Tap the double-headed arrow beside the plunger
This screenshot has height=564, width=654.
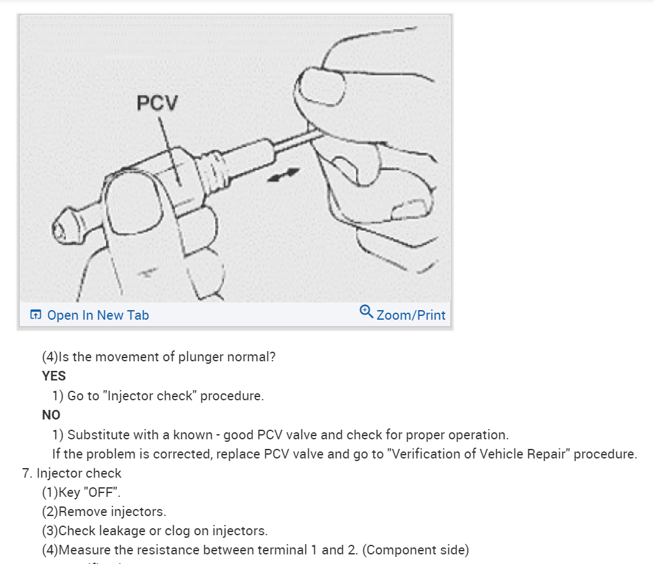282,175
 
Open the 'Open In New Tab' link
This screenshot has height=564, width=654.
98,315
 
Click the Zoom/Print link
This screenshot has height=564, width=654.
411,315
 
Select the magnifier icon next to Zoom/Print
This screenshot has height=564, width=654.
366,311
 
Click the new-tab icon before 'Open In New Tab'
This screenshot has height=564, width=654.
36,315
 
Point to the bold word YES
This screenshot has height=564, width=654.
54,376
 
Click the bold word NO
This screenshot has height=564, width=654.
51,415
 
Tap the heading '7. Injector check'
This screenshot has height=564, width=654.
72,473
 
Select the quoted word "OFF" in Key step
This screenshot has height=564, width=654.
96,492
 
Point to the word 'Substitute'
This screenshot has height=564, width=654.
98,435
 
